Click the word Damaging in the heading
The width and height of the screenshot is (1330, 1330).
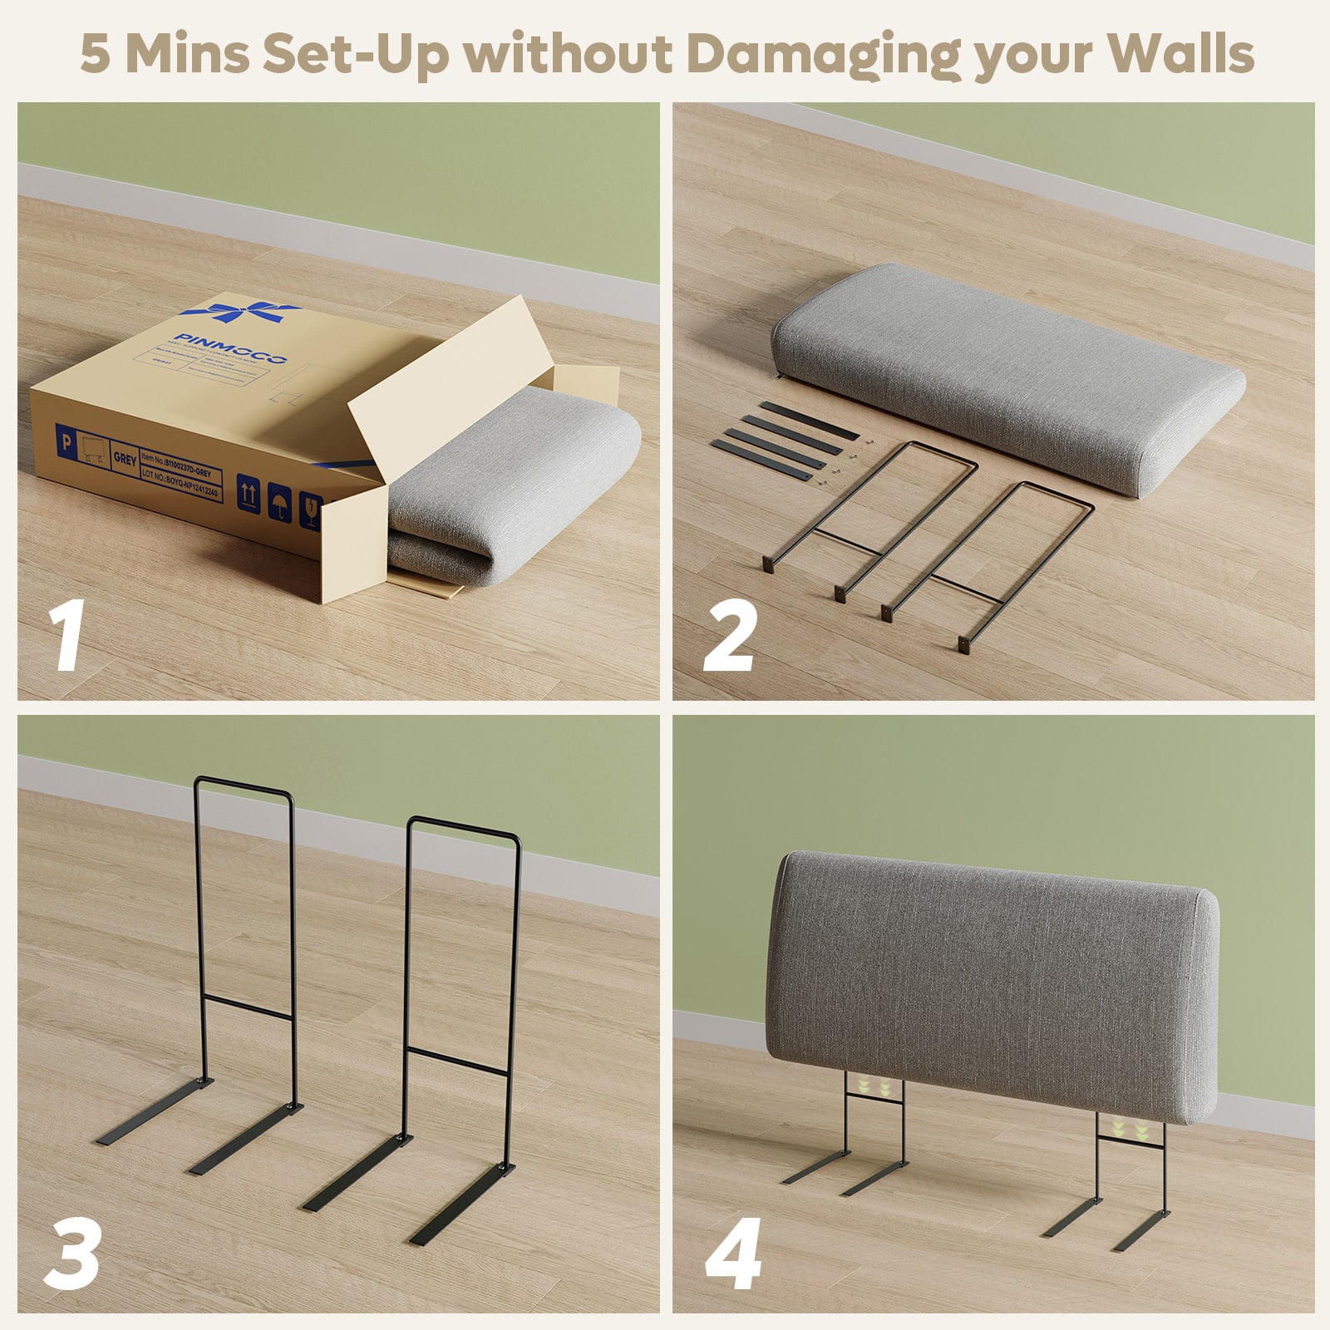tap(823, 55)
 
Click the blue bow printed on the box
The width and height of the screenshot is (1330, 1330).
tap(241, 313)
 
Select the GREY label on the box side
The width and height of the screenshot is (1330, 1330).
tap(125, 458)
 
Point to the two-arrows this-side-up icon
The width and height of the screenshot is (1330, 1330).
tap(248, 492)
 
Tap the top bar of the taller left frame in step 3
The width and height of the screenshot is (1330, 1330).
tap(244, 784)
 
